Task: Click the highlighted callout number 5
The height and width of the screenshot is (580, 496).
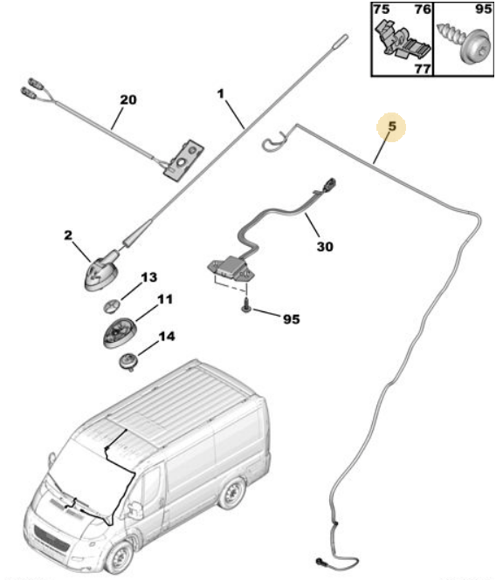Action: (392, 126)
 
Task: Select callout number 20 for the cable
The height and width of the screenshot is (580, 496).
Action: (128, 99)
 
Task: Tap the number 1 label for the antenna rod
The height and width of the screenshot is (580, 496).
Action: (221, 94)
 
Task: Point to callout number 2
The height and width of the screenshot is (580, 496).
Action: (68, 235)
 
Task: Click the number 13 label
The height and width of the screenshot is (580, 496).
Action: (149, 277)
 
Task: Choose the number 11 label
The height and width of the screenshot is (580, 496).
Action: (165, 299)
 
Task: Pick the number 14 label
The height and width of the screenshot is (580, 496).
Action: (166, 337)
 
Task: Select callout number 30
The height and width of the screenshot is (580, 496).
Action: (325, 246)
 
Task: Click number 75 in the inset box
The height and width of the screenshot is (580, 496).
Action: (381, 9)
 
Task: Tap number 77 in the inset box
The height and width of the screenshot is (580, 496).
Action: (423, 69)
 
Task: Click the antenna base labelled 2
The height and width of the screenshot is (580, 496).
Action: (102, 271)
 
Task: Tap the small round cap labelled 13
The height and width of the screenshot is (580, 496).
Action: (111, 305)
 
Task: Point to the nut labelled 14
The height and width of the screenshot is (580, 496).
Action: (128, 361)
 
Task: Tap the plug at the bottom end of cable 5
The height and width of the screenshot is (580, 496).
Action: (320, 562)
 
